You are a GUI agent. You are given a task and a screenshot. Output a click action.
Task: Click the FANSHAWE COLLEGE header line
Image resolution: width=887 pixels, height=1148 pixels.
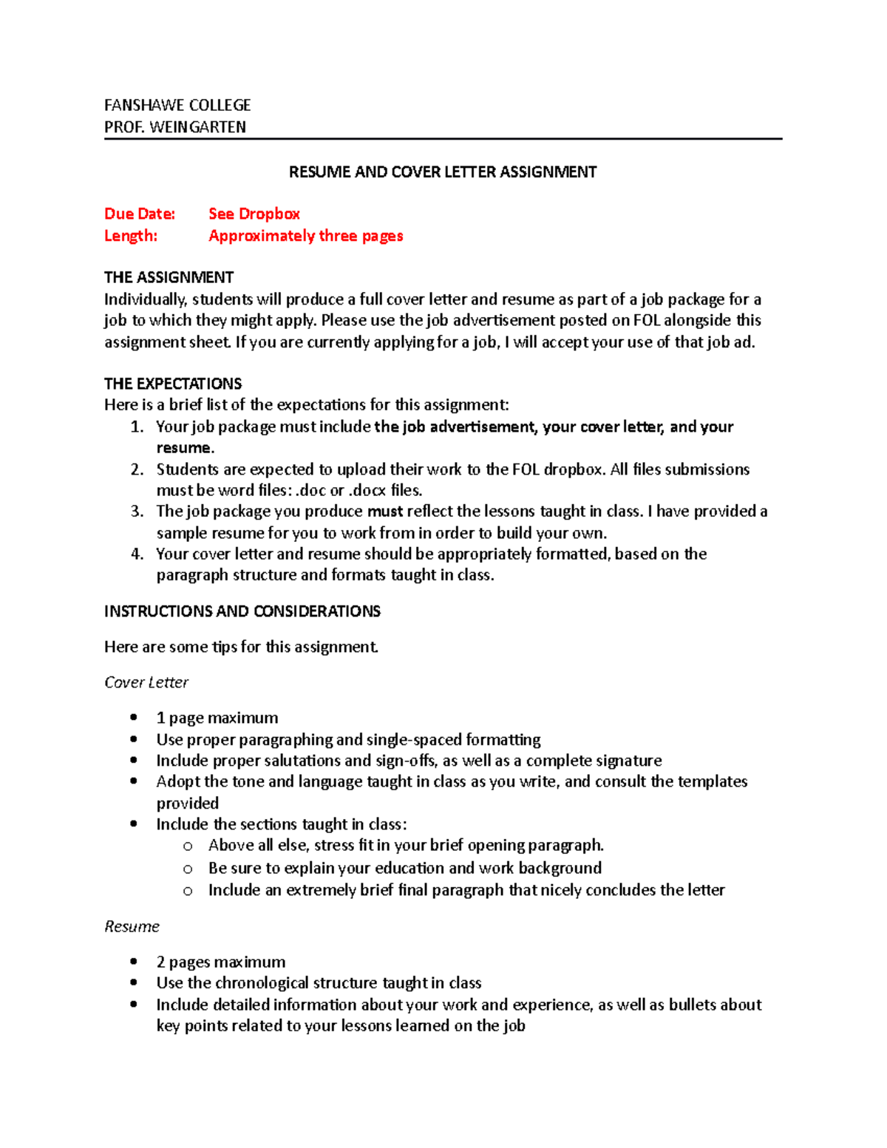177,105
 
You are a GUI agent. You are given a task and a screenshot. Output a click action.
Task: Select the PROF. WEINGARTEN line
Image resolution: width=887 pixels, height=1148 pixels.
175,127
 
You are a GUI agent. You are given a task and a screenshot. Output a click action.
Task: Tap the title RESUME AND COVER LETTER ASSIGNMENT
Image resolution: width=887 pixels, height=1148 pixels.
442,172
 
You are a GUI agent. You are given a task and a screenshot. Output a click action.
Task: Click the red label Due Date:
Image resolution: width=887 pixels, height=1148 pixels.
140,214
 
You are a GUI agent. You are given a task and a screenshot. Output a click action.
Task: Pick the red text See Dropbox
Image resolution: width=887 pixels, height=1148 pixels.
254,214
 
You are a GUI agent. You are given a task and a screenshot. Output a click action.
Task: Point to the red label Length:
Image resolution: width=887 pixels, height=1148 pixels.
131,236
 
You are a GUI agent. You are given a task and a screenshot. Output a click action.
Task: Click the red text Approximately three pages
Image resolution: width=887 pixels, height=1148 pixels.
305,236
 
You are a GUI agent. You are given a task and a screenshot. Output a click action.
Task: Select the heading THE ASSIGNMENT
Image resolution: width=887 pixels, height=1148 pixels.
169,277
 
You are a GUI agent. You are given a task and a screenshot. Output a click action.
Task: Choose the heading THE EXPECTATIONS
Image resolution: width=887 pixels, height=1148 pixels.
173,384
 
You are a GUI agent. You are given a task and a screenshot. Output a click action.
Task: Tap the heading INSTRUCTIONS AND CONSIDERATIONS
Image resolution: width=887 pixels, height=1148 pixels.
242,611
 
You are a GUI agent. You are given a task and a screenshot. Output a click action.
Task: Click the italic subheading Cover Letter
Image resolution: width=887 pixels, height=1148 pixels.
146,682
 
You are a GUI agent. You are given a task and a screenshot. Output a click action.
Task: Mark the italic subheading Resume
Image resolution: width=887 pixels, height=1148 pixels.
132,926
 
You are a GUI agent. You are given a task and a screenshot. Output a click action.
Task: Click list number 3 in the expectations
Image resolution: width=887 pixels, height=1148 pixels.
137,512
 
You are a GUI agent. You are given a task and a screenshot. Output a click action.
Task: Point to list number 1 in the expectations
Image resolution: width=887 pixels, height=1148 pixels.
136,427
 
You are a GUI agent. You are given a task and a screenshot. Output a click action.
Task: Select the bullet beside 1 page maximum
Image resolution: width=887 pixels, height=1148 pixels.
134,717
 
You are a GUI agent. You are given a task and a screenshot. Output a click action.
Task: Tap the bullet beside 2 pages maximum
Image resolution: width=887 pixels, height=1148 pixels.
134,961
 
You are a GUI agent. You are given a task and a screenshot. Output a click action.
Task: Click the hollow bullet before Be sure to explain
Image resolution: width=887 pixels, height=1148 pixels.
188,869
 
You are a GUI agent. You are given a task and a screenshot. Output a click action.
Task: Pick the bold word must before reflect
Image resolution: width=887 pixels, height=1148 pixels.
384,512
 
